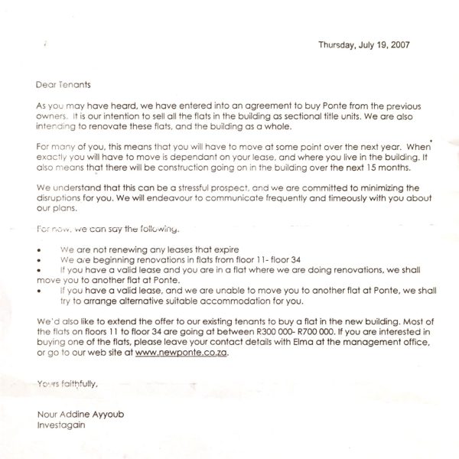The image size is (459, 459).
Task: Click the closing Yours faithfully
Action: (x=67, y=384)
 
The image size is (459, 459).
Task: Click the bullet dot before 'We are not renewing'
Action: (x=40, y=250)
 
